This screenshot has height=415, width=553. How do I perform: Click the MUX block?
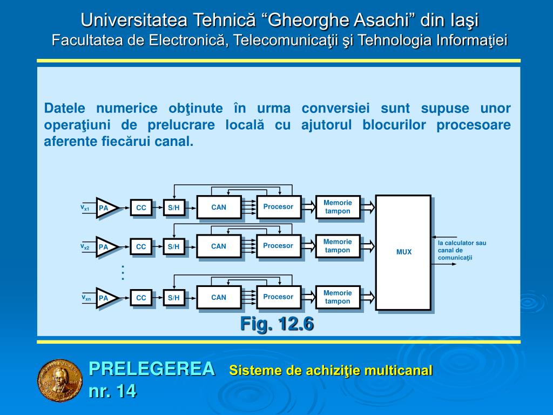tap(403, 252)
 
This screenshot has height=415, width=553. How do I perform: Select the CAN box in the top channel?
tap(219, 207)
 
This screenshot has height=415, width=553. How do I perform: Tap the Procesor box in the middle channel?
tap(278, 246)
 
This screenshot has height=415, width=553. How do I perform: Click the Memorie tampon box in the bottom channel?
tap(338, 297)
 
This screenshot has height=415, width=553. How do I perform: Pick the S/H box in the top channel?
tap(173, 207)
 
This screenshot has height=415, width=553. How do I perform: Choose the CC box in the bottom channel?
tap(141, 298)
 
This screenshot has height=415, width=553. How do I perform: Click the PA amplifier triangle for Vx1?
tap(105, 207)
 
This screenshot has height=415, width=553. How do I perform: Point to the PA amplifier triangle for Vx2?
tap(105, 247)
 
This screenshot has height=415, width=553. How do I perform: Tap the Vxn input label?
tap(86, 298)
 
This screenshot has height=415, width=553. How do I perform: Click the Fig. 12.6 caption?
tap(276, 324)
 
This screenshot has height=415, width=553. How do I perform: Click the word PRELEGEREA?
tap(152, 369)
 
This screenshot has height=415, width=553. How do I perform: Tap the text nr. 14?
tap(112, 391)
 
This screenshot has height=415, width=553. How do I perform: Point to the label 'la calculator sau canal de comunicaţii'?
tap(462, 250)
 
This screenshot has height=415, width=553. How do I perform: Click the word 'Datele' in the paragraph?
tap(63, 108)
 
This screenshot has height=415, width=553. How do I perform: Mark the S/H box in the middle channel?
tap(173, 247)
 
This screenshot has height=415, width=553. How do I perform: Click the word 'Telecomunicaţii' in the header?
tap(288, 41)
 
